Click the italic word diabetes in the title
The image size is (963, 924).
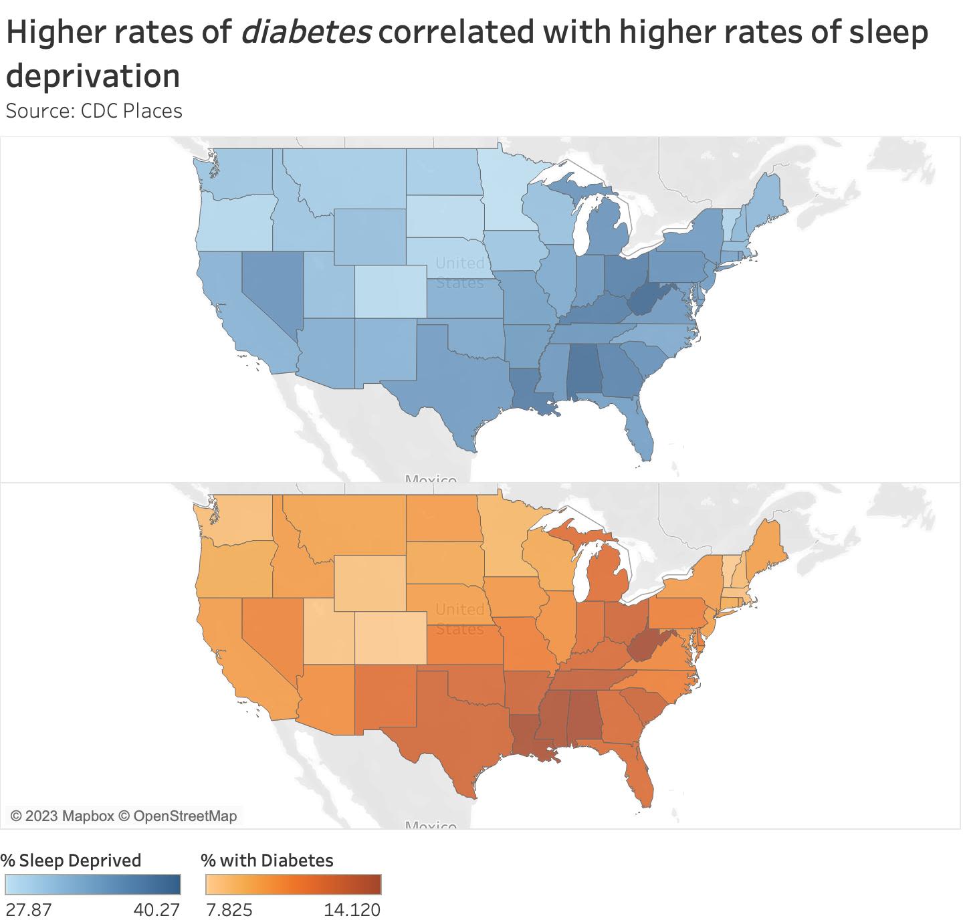306,33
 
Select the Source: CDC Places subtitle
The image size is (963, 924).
94,110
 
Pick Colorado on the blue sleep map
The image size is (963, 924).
389,291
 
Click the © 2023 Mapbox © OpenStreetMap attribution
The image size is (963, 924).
124,816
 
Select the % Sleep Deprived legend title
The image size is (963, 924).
71,860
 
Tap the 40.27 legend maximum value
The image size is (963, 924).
158,910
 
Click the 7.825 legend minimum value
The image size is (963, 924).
228,910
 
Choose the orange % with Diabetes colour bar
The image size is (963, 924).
292,885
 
